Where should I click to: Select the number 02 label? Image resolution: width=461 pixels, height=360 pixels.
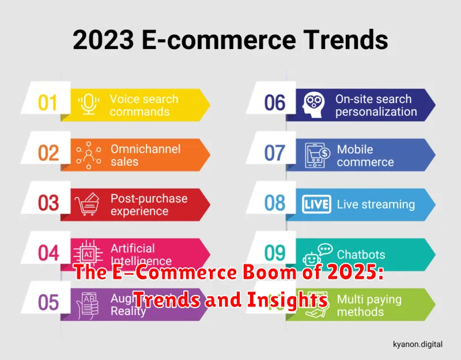pos(48,153)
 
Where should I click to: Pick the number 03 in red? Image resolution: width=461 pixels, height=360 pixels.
pos(48,203)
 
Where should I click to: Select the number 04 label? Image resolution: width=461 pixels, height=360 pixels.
pos(48,253)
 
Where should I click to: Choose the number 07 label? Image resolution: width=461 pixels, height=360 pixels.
pos(275,153)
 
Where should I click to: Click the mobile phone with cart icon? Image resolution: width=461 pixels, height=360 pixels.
pos(316,154)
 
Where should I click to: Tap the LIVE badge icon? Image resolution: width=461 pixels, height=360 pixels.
pos(316,204)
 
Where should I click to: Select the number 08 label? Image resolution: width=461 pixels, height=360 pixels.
pos(275,203)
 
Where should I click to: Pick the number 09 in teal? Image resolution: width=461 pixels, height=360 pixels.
pos(275,253)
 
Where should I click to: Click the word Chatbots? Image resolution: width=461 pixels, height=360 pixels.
pos(361,254)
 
